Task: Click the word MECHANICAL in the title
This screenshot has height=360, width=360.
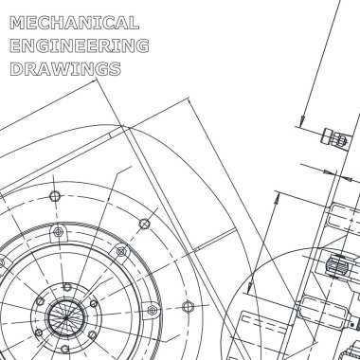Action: point(75,23)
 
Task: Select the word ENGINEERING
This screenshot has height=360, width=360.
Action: point(80,45)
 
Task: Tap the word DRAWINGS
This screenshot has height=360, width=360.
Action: point(65,68)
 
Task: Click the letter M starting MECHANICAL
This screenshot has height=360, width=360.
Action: point(17,23)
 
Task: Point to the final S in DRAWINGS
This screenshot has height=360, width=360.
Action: point(116,69)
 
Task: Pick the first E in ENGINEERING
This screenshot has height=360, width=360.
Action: point(15,45)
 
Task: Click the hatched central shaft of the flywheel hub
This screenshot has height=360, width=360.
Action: point(66,316)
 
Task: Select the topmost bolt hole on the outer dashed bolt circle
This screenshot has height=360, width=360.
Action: point(55,196)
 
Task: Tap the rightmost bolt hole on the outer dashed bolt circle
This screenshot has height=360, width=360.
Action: point(188,306)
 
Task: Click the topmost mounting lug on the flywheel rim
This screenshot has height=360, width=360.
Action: point(58,233)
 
